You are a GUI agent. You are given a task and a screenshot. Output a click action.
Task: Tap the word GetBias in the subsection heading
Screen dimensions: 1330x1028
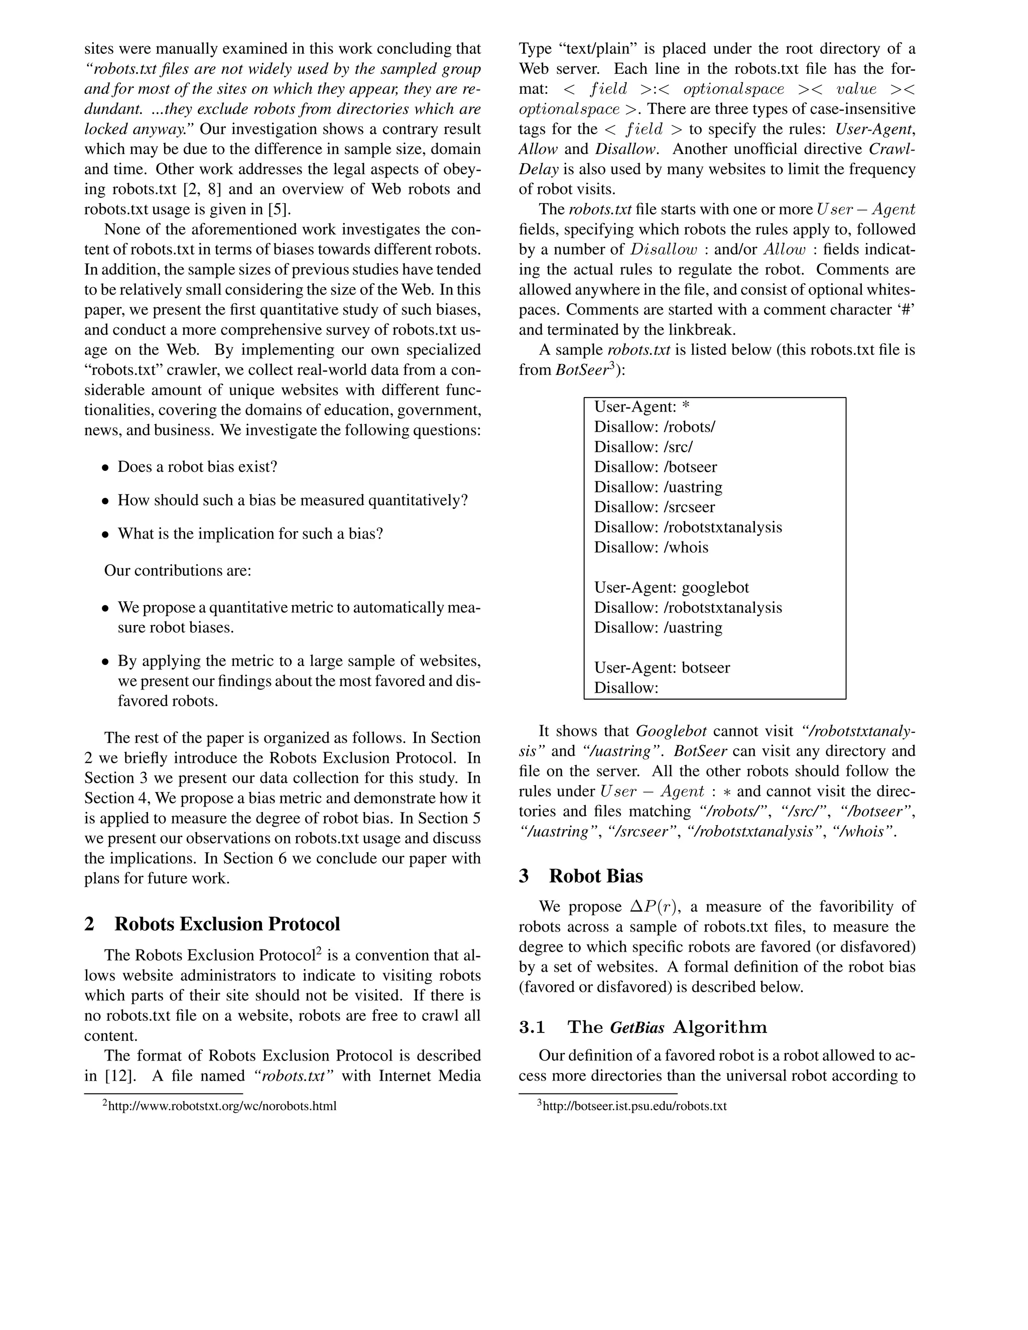click(x=636, y=1027)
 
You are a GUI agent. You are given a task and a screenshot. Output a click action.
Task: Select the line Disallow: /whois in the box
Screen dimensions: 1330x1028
click(x=651, y=547)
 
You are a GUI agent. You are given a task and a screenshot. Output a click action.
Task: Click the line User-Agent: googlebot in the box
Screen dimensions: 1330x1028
click(x=671, y=587)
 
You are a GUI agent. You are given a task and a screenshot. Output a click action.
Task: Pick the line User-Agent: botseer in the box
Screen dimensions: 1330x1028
click(x=662, y=668)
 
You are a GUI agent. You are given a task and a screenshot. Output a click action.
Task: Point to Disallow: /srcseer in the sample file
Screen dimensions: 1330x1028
click(x=654, y=507)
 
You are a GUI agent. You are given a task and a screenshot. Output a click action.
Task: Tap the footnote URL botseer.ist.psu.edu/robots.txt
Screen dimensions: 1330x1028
click(x=633, y=1106)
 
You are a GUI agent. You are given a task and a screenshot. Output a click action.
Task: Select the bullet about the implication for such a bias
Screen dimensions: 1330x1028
click(x=249, y=534)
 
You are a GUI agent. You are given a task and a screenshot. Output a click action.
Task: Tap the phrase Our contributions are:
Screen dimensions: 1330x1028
click(x=177, y=570)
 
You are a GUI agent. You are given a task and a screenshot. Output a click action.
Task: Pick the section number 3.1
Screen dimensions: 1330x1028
click(x=532, y=1027)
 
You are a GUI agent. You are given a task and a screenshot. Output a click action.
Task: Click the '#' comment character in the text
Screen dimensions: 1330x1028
click(x=908, y=310)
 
